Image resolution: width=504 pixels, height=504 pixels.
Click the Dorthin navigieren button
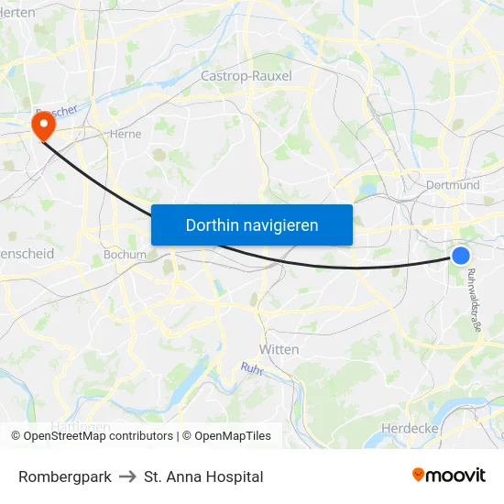tap(252, 225)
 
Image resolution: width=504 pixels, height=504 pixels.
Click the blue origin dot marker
tap(461, 256)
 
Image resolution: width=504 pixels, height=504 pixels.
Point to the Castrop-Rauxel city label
tap(246, 76)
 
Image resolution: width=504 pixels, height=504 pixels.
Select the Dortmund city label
tap(453, 185)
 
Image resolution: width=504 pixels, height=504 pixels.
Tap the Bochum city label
tap(125, 255)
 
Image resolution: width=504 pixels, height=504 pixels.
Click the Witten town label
tap(279, 349)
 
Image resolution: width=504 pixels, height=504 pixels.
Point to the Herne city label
tap(125, 133)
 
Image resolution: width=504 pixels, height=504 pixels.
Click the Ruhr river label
tap(252, 367)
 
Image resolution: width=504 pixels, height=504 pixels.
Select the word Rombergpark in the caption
tap(65, 477)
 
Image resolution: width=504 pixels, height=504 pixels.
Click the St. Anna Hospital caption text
tap(203, 477)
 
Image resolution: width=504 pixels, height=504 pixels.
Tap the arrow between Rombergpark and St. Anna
tap(127, 477)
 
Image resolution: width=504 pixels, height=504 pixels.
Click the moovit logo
tap(448, 476)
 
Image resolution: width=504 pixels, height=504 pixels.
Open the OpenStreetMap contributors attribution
tap(92, 436)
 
